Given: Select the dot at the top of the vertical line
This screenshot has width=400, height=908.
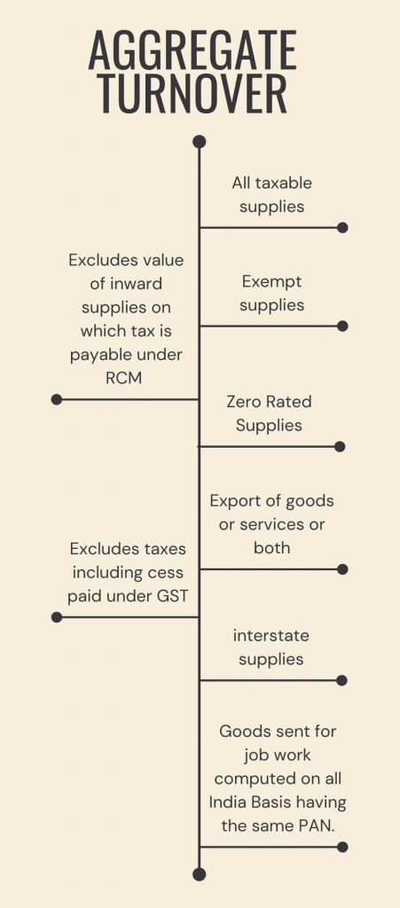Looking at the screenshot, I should pos(200,142).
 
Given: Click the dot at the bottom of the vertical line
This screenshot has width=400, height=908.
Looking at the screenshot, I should pos(200,874).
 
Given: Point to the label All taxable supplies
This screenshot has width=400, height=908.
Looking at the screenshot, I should pos(272,194).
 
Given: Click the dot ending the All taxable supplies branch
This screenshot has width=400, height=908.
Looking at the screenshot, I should pos(343,228).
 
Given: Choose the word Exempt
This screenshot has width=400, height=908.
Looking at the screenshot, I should pos(271,282).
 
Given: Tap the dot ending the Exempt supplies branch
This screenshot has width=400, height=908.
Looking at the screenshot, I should pos(343,326).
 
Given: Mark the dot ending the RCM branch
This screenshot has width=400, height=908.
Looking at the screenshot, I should pos(57,400).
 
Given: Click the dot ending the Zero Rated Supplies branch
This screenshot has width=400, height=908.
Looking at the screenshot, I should pos(340,447).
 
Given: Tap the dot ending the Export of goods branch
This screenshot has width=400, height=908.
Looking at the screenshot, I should pos(343,569).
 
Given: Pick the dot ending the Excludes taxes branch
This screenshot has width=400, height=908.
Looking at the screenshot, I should pos(57,617).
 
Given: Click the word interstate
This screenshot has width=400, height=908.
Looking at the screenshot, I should pos(271,637).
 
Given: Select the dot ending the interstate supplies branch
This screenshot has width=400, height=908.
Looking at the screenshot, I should pos(342,681).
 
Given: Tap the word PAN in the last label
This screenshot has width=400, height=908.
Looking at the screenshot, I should pos(312,826).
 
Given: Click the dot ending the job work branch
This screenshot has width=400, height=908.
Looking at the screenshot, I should pos(343,847).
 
